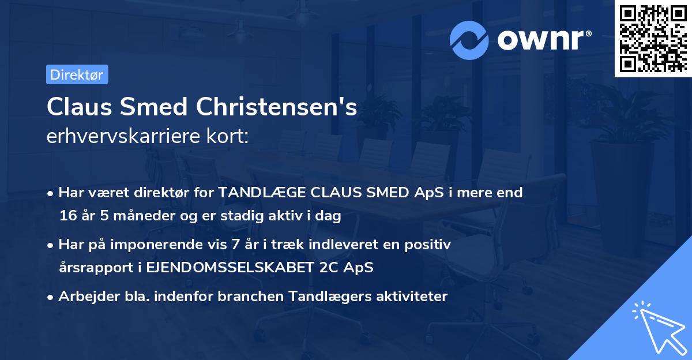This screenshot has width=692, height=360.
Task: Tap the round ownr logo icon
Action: pyautogui.click(x=469, y=40)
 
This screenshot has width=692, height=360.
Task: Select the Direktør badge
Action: pyautogui.click(x=77, y=74)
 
